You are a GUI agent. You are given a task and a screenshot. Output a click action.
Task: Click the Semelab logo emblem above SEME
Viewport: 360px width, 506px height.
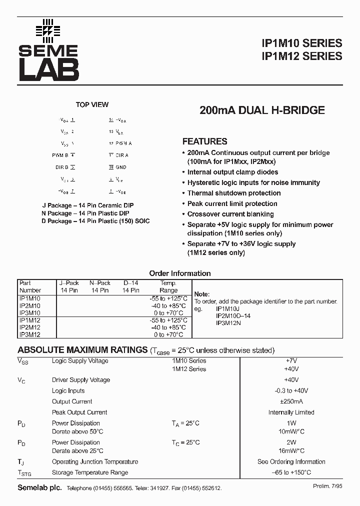[47, 30]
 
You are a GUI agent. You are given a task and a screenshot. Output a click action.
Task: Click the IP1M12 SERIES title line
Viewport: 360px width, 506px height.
[302, 56]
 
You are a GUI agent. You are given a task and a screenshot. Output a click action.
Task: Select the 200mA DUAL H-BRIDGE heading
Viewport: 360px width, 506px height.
[262, 110]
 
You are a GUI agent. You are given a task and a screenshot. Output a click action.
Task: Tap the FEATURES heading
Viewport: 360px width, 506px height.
[204, 141]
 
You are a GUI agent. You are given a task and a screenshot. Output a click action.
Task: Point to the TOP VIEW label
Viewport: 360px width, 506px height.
[92, 104]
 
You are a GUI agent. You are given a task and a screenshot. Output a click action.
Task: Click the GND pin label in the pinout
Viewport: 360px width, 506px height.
[121, 167]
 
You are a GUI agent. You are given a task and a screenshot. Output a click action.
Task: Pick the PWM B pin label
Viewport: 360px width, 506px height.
[60, 155]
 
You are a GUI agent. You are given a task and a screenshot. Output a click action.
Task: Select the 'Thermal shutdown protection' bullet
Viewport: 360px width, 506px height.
[234, 193]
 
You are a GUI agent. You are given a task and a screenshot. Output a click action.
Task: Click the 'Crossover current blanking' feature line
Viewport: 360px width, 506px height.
[230, 214]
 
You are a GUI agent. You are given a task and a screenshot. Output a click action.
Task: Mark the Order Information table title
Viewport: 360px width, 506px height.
[180, 273]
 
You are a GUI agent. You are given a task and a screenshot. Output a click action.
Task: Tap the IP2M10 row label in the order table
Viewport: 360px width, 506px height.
[30, 305]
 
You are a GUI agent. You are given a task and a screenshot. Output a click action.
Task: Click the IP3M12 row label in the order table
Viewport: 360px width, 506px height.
[30, 334]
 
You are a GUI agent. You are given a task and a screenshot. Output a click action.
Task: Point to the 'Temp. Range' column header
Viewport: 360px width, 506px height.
[168, 286]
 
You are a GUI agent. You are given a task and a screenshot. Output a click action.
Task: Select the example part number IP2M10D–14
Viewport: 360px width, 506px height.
[233, 316]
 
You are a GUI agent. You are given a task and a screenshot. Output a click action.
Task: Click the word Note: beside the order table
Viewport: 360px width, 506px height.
[202, 294]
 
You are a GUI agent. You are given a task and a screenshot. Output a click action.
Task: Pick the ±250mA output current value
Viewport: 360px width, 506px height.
[291, 401]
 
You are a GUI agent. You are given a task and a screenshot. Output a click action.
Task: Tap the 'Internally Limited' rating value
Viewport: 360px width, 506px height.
[291, 412]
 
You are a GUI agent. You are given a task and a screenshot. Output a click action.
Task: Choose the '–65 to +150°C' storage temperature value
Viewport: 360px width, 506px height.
[291, 472]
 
